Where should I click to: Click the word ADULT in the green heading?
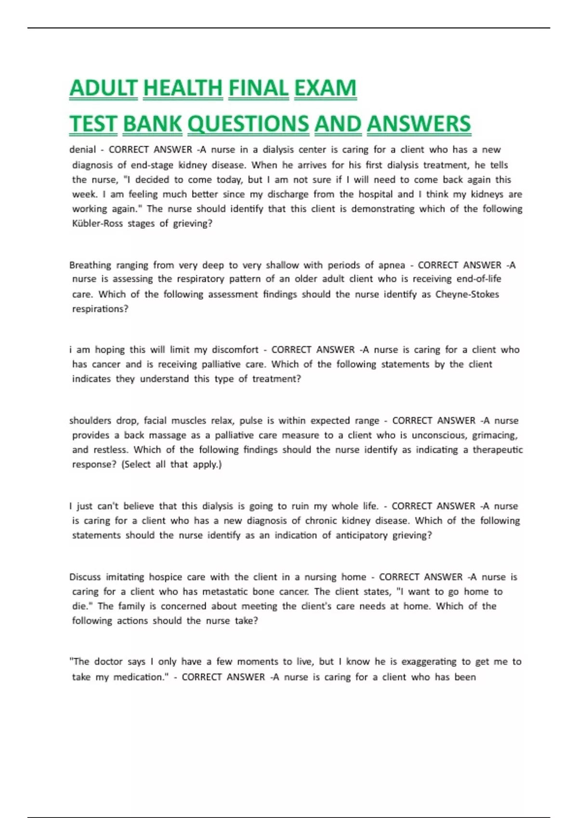[x=104, y=88]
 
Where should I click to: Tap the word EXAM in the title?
[x=325, y=88]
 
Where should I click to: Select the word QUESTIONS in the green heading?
[x=248, y=124]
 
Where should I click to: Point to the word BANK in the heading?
[x=152, y=124]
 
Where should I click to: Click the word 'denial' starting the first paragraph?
[x=82, y=150]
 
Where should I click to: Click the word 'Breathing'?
[x=90, y=265]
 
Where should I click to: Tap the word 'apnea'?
[x=391, y=265]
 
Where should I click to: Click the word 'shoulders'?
[x=90, y=421]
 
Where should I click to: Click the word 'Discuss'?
[x=85, y=577]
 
